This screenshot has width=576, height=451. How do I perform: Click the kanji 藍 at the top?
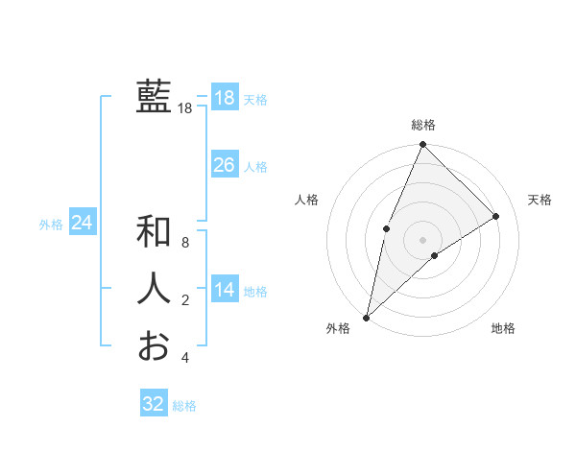tap(154, 97)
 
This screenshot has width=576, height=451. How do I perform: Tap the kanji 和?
tap(154, 231)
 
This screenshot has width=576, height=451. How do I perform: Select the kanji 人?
tap(154, 289)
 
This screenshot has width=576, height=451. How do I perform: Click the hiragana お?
tap(154, 345)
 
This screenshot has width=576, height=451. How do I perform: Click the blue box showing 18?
tap(224, 98)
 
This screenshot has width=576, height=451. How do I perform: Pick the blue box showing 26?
tap(224, 165)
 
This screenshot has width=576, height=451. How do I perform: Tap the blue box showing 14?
tap(224, 290)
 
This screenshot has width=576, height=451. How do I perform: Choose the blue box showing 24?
tap(82, 223)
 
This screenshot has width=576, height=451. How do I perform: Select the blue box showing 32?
tap(154, 404)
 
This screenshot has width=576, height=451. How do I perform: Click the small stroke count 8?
tap(185, 243)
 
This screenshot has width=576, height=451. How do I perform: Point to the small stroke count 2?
tap(185, 300)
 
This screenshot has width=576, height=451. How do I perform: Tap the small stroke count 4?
tap(185, 358)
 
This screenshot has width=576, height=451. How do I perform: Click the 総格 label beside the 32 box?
tap(184, 406)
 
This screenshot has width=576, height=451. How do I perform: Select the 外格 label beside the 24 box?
tap(51, 225)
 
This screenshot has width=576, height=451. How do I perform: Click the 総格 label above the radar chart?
tap(422, 125)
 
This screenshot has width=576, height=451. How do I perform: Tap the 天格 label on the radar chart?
tap(540, 200)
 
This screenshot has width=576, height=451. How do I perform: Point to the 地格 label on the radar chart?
tap(503, 328)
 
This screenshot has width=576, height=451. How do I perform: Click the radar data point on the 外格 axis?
tap(366, 317)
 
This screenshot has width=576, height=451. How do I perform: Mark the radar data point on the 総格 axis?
tap(422, 145)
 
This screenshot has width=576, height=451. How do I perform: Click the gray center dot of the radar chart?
tap(422, 239)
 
